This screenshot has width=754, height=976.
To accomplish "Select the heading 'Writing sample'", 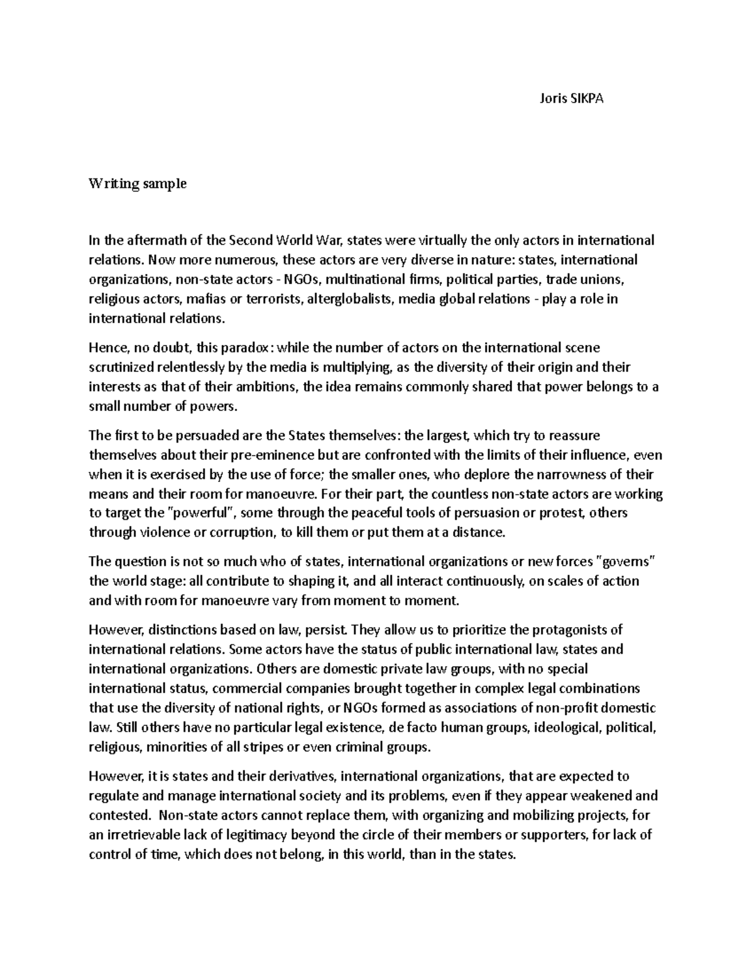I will coord(138,184).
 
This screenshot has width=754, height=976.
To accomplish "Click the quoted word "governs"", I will coord(625,561).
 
